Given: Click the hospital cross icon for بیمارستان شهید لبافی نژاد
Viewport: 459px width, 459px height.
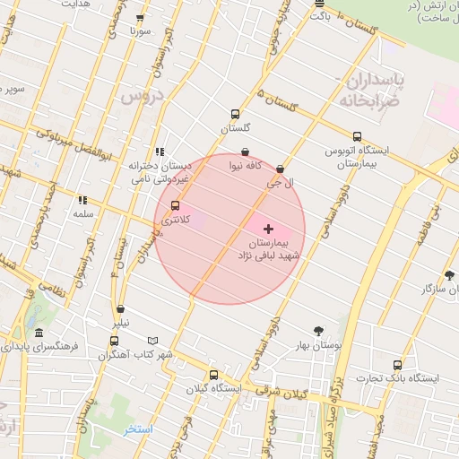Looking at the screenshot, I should coord(268,229).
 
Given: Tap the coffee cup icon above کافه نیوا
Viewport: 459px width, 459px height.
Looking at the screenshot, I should coord(246,152).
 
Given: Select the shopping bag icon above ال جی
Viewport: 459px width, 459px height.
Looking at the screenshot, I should coord(280,169).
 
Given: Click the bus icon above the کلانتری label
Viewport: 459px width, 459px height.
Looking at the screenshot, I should coord(175,205).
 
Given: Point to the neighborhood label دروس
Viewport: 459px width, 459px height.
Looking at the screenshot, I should coord(143,94).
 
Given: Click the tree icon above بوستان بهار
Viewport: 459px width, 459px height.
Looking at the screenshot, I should coord(317,331).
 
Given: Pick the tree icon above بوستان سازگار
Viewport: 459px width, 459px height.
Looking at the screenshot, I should coord(448,275).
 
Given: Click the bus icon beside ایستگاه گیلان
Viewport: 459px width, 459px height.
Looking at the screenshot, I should coord(213,375).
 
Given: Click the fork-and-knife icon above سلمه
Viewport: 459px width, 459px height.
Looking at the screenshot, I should coord(82,201).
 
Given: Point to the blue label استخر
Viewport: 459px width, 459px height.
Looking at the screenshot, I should coord(139,429).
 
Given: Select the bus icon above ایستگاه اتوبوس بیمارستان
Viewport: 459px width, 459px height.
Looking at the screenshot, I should coord(358,136).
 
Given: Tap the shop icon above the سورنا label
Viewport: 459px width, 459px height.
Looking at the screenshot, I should coord(139,18).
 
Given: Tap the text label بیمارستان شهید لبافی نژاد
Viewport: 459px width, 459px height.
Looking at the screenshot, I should coord(273,249).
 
